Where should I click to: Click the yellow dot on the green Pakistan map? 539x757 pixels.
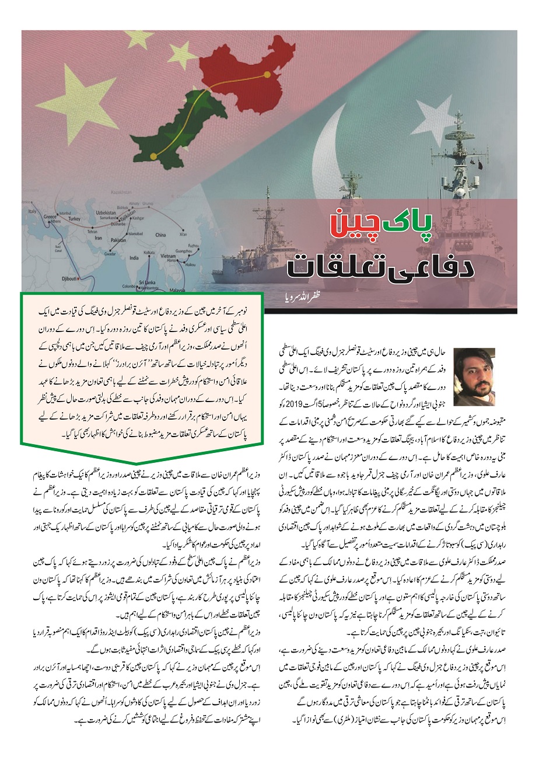point(153,156)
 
